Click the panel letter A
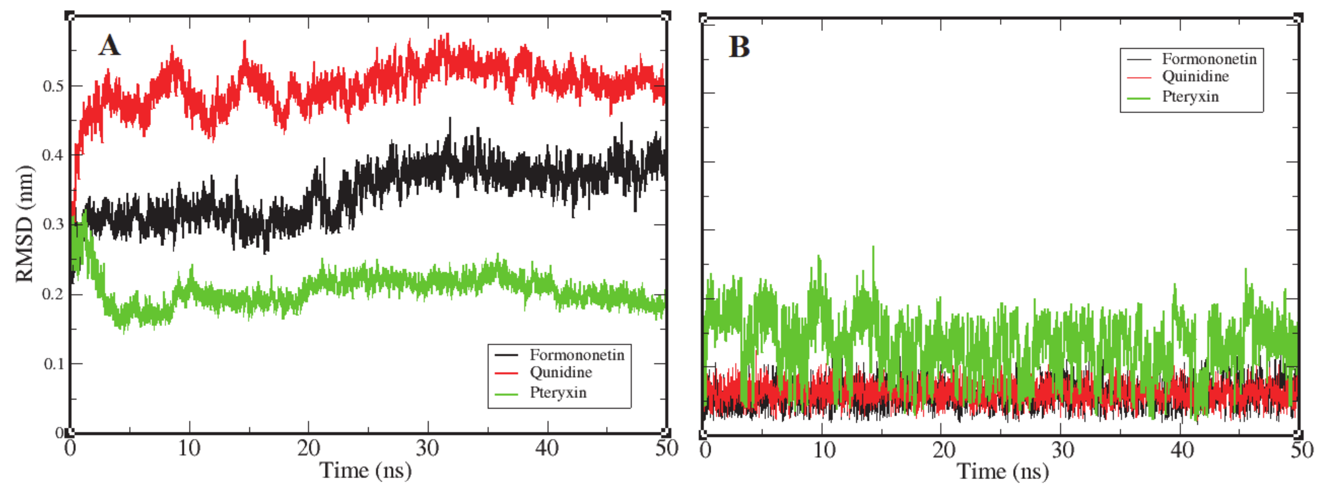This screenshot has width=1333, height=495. coord(109,45)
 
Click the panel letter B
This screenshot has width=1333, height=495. coord(739,47)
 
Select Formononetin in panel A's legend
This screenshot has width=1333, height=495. coord(577,355)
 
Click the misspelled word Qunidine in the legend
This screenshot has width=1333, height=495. coord(560,372)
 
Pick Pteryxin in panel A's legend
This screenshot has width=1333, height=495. coord(558,393)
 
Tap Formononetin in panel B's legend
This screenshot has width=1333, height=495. coord(1209,59)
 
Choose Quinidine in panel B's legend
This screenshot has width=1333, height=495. coord(1195,76)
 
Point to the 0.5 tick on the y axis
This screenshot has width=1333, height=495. coord(53,86)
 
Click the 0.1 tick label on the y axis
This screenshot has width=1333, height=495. coord(53,364)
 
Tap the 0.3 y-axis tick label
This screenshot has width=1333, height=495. coord(53,225)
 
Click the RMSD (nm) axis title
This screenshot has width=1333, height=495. coord(24,224)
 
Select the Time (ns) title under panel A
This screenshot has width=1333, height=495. coord(365,471)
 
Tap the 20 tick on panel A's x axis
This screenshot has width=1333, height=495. coord(308,448)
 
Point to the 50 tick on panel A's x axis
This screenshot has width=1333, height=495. coord(666,448)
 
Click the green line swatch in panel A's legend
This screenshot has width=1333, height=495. coord(506,393)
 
